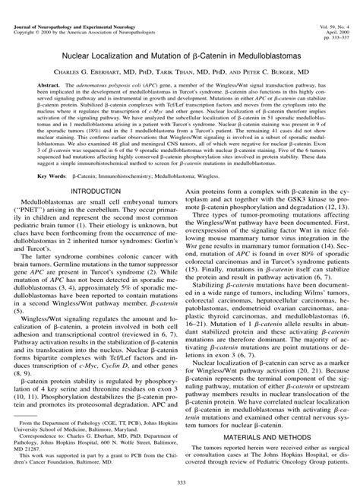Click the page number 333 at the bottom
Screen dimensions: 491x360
pos(180,482)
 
